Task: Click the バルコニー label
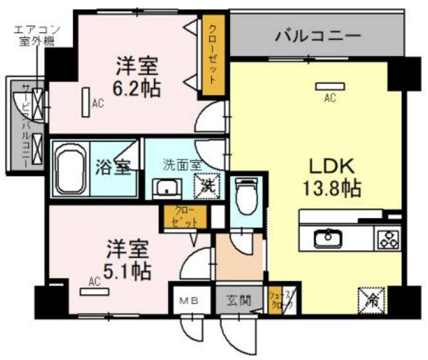(317, 35)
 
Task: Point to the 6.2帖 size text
(137, 87)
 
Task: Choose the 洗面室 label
(181, 163)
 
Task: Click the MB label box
(190, 301)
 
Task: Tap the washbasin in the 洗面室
(164, 188)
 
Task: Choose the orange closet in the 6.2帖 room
(214, 55)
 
